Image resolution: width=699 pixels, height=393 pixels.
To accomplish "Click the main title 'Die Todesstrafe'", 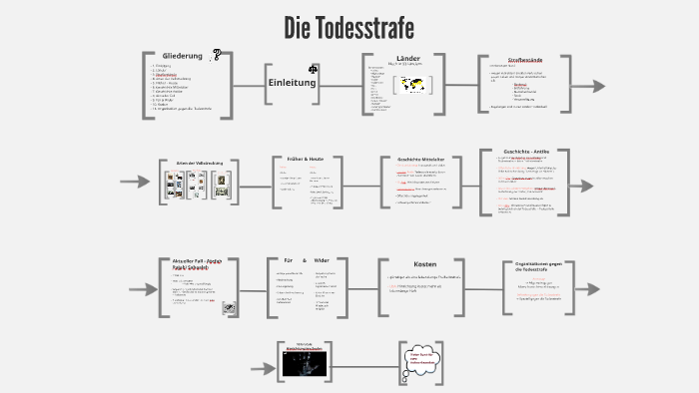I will (349, 25).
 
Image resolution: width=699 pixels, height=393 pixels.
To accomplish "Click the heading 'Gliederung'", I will (183, 56).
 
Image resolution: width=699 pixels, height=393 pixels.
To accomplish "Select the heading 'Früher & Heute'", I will (303, 160).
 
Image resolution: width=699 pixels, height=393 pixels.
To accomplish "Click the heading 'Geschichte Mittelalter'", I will (420, 160).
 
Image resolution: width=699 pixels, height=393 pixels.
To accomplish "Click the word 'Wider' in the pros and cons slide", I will (322, 260).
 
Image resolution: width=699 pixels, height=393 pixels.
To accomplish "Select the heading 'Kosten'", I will (425, 263).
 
